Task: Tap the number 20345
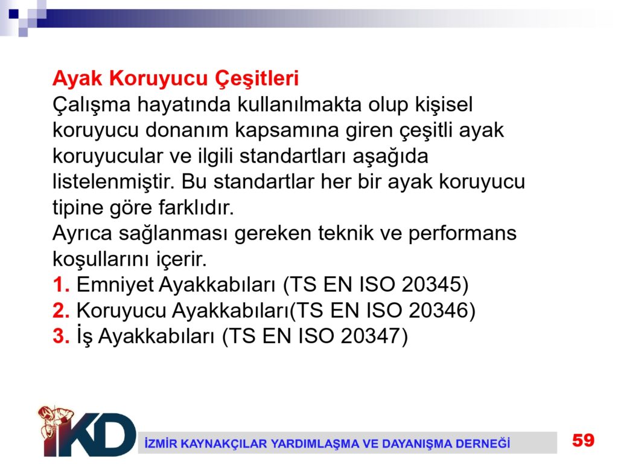point(431,284)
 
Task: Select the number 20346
point(438,310)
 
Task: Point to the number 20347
point(370,336)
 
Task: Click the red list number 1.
point(61,285)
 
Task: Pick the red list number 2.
point(61,311)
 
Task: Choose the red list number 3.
point(61,337)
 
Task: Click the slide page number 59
point(584,440)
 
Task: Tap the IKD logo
point(87,431)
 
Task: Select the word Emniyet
point(115,285)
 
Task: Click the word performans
point(462,234)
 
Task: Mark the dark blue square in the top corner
point(14,14)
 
